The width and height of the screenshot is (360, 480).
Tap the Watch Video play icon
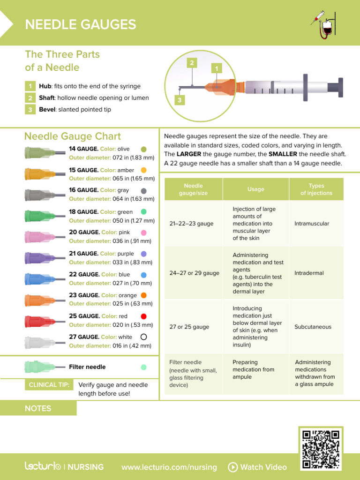point(232,467)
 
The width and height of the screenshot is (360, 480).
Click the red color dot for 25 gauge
point(143,316)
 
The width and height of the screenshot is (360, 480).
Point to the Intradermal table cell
point(309,273)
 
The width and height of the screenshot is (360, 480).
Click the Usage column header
point(255,189)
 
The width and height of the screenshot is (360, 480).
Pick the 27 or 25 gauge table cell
point(189,327)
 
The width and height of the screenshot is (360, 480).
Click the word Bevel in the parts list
point(47,109)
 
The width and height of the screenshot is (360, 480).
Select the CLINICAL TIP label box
point(49,385)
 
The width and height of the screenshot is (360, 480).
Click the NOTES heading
point(38,408)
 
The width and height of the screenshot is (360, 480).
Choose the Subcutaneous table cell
point(313,327)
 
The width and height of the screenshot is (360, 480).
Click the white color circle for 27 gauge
point(143,337)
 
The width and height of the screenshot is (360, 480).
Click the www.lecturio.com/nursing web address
point(169,467)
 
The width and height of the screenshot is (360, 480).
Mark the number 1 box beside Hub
point(30,86)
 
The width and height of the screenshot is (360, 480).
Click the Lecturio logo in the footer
point(43,466)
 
